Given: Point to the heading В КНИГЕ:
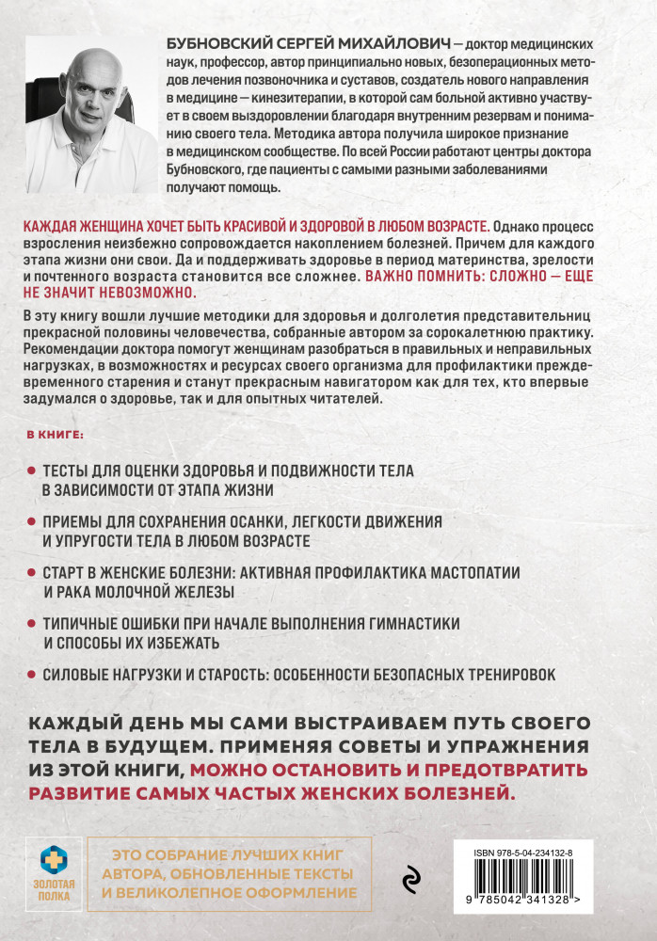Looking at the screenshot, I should coord(54,436).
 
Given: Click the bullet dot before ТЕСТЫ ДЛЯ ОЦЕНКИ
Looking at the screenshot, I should coord(30,469).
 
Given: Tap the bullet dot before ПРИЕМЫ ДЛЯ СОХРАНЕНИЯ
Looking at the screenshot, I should coord(30,520).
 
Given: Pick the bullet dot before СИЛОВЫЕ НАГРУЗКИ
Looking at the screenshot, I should coord(30,675).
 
